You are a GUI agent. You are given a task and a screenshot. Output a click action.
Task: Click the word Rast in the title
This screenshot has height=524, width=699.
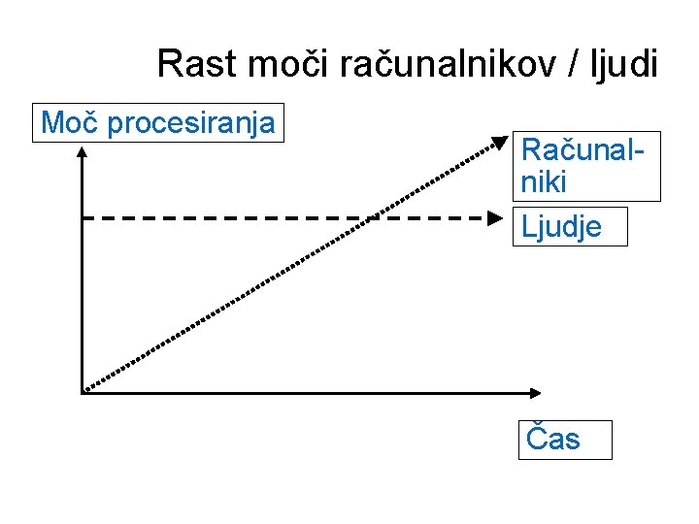tap(198, 65)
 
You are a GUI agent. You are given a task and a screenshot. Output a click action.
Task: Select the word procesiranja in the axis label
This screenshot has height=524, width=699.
tap(191, 124)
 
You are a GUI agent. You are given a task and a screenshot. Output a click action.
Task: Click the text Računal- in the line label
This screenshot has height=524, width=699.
tap(583, 150)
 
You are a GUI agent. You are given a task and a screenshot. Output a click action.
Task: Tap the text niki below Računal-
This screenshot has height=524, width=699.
tap(544, 181)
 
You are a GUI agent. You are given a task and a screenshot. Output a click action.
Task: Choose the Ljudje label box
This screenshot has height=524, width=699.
tap(569, 226)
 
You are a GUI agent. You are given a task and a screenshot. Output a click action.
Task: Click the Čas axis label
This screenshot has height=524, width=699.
tap(564, 439)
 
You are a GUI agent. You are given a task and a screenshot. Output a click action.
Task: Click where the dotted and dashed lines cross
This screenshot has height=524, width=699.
tap(371, 218)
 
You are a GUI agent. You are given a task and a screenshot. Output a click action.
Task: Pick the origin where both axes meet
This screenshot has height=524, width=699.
tap(83, 392)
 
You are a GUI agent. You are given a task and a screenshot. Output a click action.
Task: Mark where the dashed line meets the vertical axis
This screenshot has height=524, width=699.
tap(83, 218)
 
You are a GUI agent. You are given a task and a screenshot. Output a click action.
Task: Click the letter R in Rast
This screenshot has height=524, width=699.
tap(169, 65)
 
